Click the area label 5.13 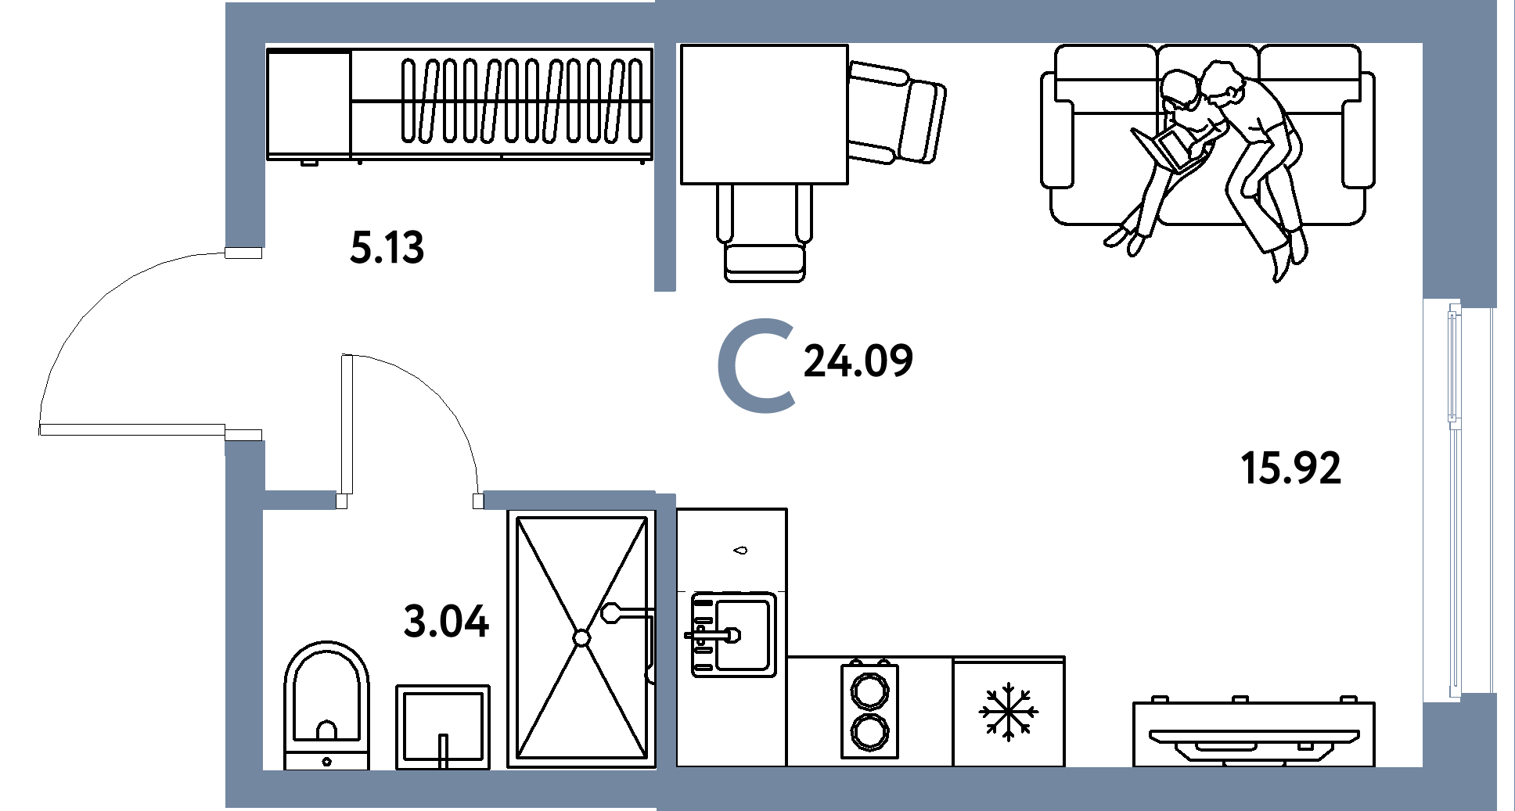tap(387, 247)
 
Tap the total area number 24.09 tap(858, 361)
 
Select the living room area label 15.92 tap(1290, 468)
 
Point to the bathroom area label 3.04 tap(446, 622)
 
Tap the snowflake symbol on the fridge tap(1009, 712)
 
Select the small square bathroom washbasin tap(443, 727)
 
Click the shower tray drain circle tap(581, 638)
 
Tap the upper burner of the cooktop tap(869, 691)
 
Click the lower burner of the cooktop tap(869, 732)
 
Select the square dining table tap(764, 114)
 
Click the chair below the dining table tap(765, 233)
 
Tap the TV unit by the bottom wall tap(1254, 733)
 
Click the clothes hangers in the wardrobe tap(524, 100)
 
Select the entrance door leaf tap(132, 429)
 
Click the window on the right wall tap(1455, 501)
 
